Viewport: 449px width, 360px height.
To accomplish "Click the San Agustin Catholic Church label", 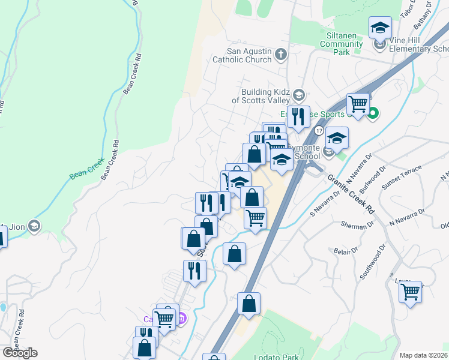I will click(242, 55).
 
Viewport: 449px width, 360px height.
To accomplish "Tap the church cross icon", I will click(281, 56).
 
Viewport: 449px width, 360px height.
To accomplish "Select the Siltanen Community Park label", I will click(343, 44).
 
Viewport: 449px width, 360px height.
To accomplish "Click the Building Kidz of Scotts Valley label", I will click(261, 96).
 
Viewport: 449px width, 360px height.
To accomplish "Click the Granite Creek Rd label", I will click(352, 194).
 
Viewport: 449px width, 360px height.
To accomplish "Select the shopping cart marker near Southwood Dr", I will click(411, 293).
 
